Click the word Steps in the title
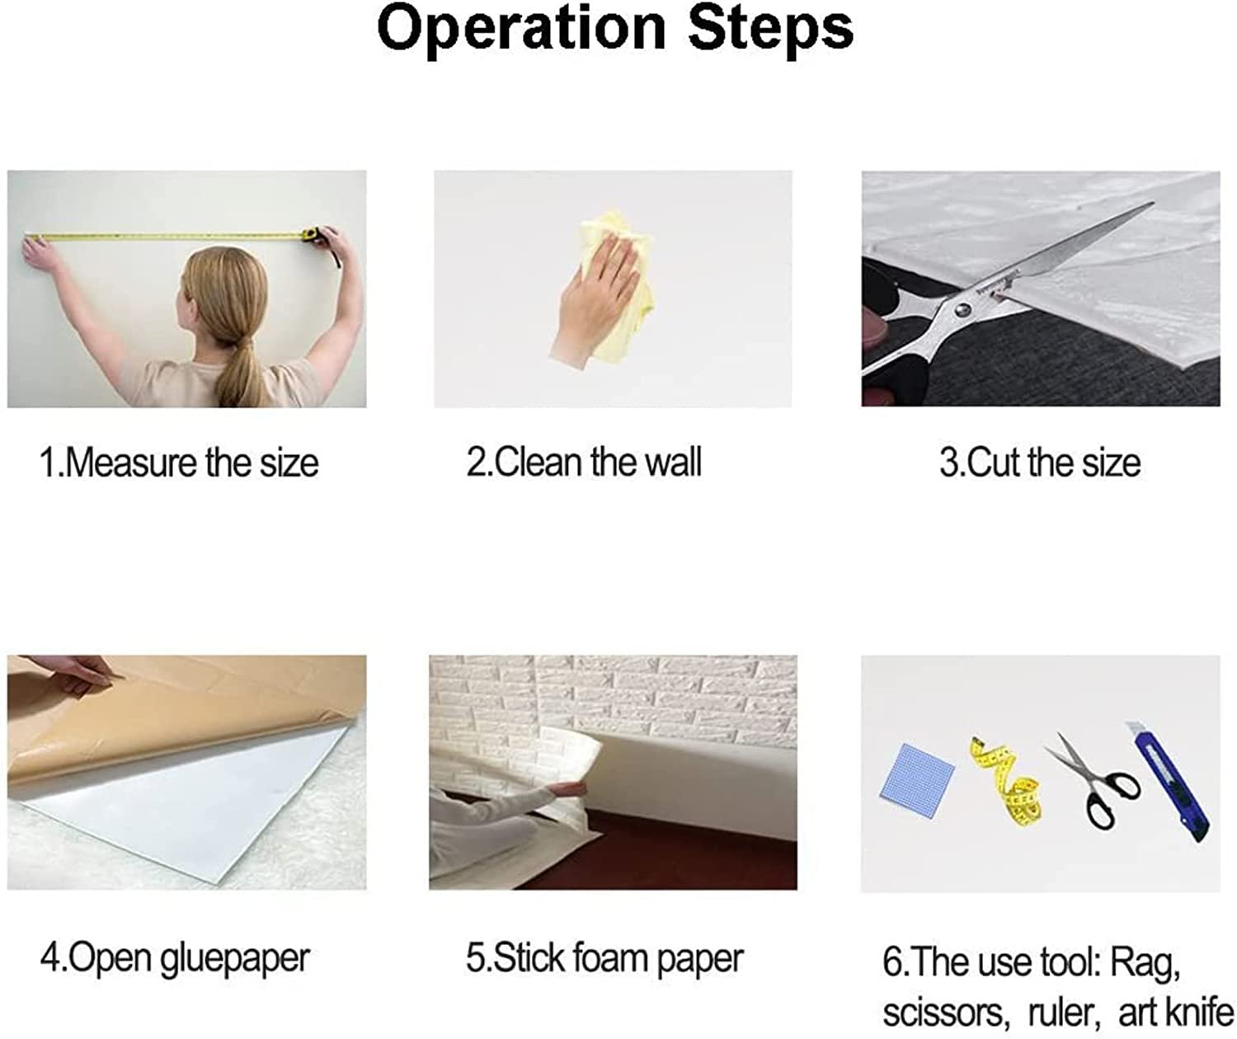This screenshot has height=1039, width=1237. [771, 31]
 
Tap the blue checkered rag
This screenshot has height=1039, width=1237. [917, 773]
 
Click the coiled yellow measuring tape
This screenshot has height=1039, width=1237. [1007, 782]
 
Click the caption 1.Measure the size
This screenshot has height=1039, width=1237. [179, 463]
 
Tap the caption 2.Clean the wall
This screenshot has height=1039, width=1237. [584, 462]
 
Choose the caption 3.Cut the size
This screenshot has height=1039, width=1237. [1040, 463]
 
